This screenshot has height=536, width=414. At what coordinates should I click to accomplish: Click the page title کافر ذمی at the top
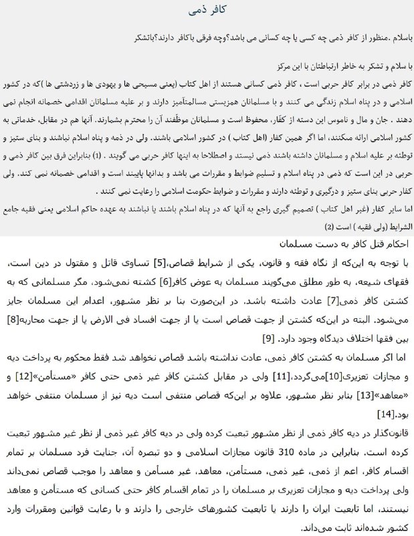(207, 11)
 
